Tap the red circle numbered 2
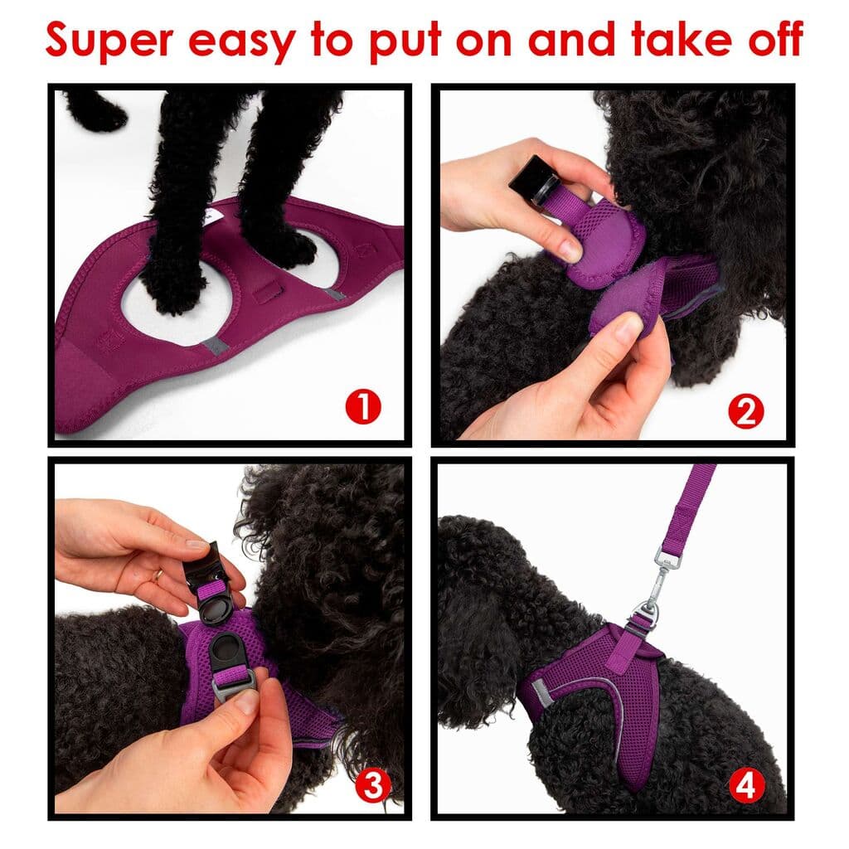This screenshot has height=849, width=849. tap(745, 410)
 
